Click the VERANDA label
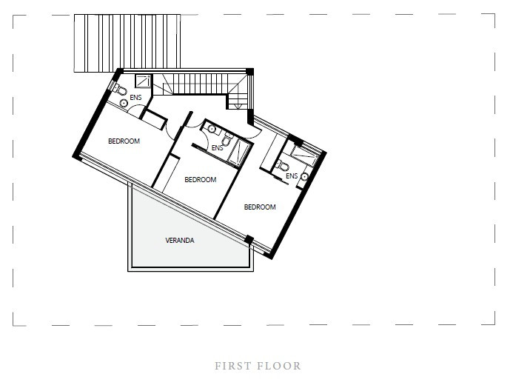pyautogui.click(x=180, y=241)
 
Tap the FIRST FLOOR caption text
pyautogui.click(x=258, y=366)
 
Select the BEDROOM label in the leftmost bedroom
pyautogui.click(x=124, y=141)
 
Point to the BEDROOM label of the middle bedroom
pyautogui.click(x=200, y=180)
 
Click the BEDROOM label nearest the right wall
pyautogui.click(x=260, y=207)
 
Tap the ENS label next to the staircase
pyautogui.click(x=135, y=98)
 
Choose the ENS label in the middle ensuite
pyautogui.click(x=217, y=148)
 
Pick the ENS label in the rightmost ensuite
pyautogui.click(x=292, y=176)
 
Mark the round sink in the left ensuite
pyautogui.click(x=124, y=103)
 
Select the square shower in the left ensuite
pyautogui.click(x=143, y=81)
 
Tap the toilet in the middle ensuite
pyautogui.click(x=227, y=138)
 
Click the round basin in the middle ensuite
pyautogui.click(x=212, y=129)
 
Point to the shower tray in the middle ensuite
pyautogui.click(x=240, y=153)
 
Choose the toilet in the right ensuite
pyautogui.click(x=282, y=166)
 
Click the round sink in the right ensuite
pyautogui.click(x=304, y=177)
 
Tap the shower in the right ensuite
pyautogui.click(x=305, y=155)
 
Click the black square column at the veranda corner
pyautogui.click(x=249, y=239)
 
